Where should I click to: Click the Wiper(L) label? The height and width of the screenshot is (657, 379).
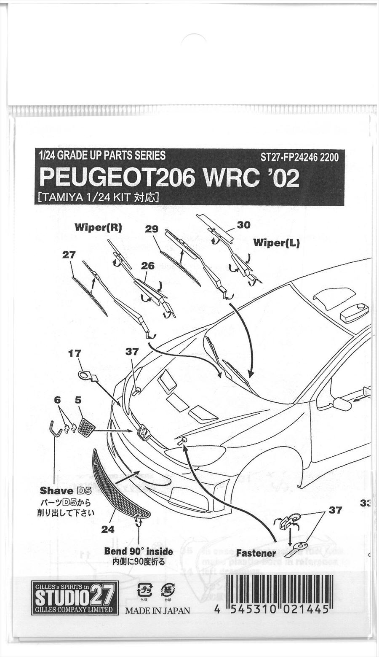pos(276,243)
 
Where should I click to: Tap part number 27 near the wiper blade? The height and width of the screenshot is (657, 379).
pos(68,255)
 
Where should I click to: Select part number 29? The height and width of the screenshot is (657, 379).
pos(151,229)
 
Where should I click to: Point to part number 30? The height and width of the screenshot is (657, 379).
pos(243,225)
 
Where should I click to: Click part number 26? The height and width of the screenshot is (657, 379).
pos(148,266)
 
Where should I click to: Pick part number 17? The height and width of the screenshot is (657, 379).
pos(74,354)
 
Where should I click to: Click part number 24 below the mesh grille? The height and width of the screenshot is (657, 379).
pos(108,529)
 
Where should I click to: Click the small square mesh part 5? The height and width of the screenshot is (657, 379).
pos(87,427)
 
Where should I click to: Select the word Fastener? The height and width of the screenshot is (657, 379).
pos(256,553)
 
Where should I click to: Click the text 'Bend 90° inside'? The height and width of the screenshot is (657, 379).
pos(139,551)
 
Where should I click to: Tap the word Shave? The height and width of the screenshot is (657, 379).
pos(56,490)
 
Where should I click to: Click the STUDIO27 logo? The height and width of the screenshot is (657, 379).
pos(75,598)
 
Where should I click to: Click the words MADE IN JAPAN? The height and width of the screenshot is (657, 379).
pos(157,610)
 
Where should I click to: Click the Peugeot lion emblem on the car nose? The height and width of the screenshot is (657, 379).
pos(144,433)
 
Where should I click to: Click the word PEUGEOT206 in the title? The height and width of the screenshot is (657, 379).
pos(117,178)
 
